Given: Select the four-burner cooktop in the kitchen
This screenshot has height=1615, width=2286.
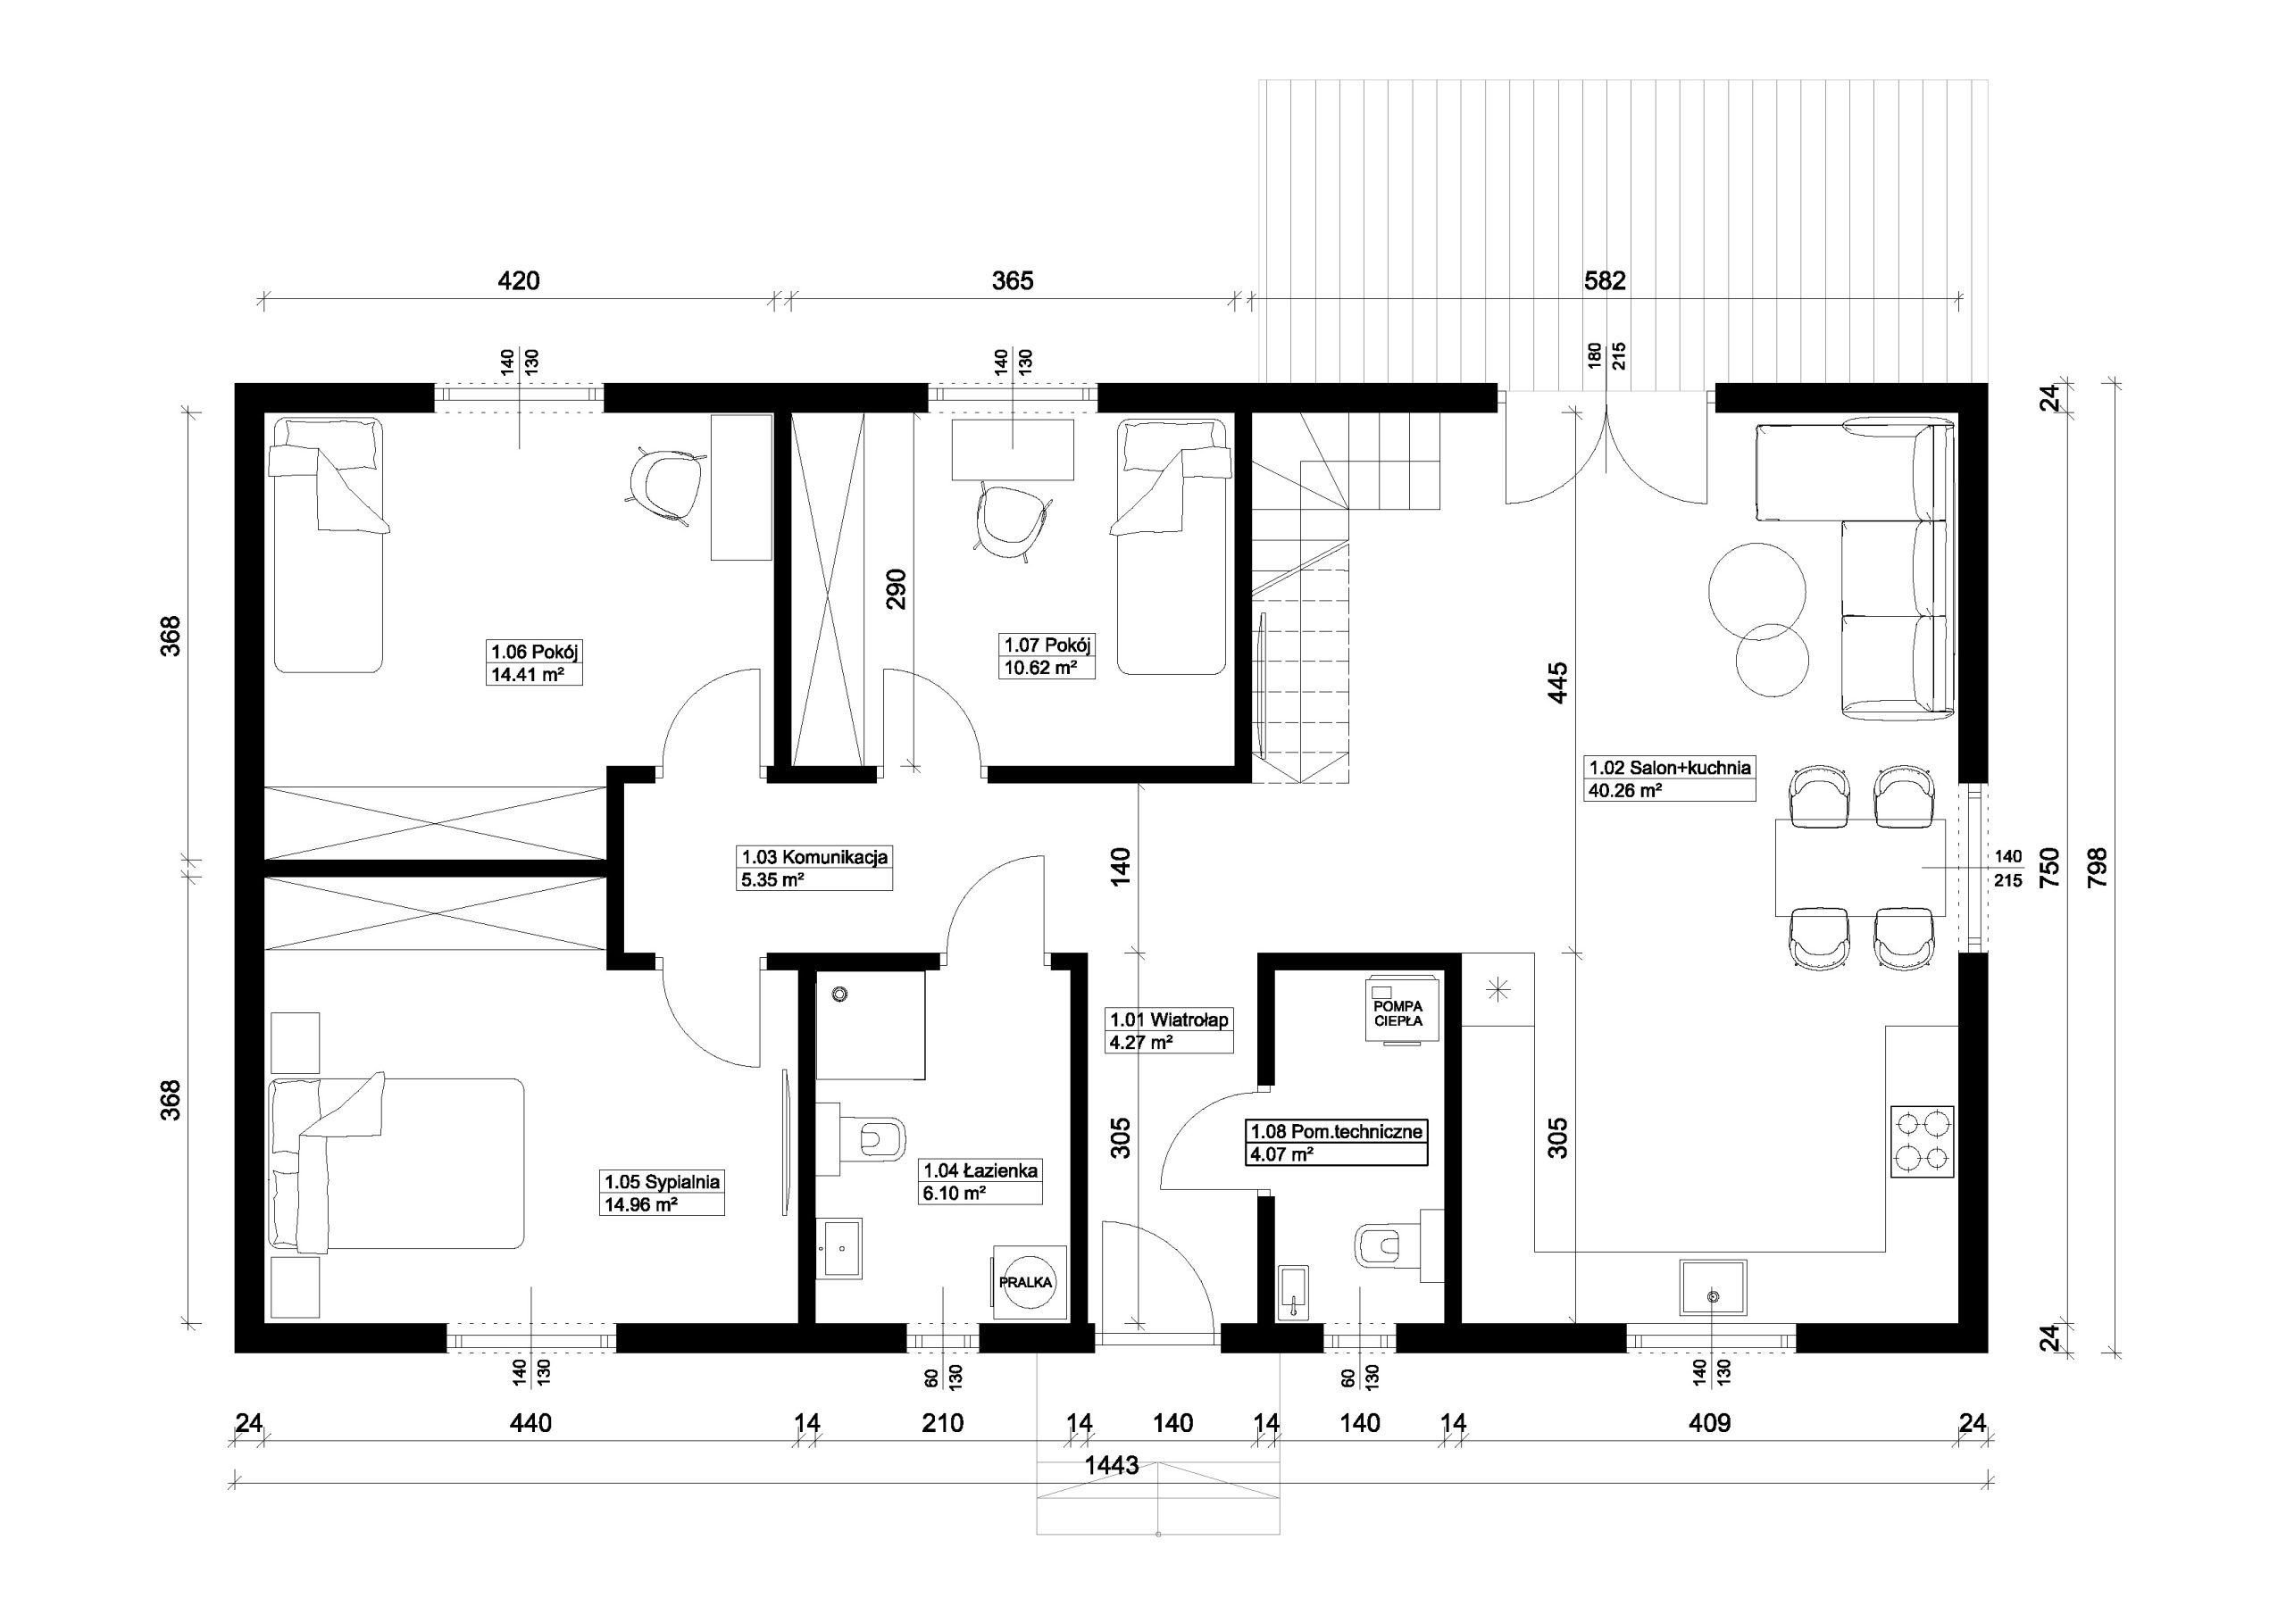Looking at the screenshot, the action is click(x=1922, y=1142).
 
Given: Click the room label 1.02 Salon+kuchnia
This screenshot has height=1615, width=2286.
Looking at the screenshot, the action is click(x=1670, y=768).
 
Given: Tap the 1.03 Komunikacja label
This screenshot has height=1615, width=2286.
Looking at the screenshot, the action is click(x=814, y=856).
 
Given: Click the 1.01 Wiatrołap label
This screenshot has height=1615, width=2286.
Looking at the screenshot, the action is click(x=1169, y=1020).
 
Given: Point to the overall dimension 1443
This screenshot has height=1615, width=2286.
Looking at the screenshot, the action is click(x=1112, y=1467).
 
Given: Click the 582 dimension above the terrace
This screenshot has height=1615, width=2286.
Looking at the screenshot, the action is click(x=1605, y=281).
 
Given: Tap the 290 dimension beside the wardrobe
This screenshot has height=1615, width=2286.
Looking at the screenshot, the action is click(x=896, y=588).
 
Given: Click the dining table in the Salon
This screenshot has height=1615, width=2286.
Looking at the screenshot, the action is click(x=1860, y=867).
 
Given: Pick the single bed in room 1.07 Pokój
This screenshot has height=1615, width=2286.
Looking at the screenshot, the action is click(x=1171, y=546).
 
